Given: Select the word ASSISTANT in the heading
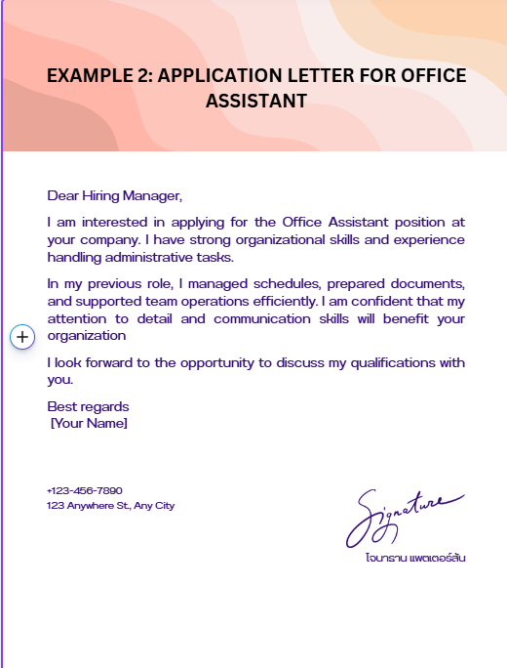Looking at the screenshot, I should click(256, 101).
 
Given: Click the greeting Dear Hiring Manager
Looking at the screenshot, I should click(115, 195).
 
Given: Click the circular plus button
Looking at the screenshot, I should click(22, 336).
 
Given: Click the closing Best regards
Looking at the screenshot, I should click(88, 406).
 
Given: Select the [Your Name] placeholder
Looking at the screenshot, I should click(89, 424).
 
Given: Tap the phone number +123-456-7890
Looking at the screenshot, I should click(85, 490).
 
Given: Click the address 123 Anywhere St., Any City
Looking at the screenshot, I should click(110, 506).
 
